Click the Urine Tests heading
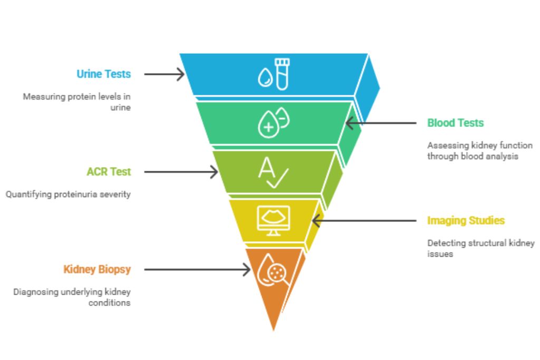[103, 74]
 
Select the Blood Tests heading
[455, 123]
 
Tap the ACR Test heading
[109, 171]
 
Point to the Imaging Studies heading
[466, 220]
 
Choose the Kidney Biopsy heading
[97, 269]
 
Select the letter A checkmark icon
[273, 172]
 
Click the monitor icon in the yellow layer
[273, 220]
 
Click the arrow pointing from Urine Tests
[164, 74]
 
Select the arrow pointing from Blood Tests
[380, 123]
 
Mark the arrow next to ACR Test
[181, 172]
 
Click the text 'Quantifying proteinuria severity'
[68, 194]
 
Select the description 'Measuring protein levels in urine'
[76, 102]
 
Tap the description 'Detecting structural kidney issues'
[480, 248]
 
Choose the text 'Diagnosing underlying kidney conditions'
[72, 297]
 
